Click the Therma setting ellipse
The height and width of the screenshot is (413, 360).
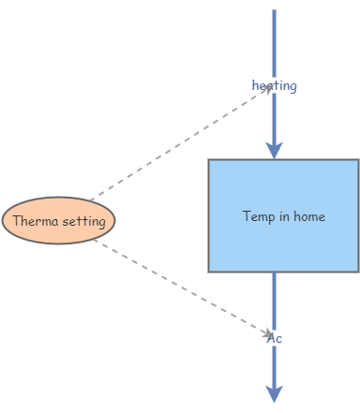58,221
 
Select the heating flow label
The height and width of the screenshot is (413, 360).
275,86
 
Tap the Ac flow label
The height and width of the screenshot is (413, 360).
275,338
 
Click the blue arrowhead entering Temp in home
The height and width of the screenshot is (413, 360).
274,149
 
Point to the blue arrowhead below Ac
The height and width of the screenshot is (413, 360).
274,393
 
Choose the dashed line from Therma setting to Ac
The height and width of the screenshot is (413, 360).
178,285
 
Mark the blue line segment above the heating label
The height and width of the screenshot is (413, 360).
274,42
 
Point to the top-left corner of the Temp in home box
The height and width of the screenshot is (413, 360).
209,160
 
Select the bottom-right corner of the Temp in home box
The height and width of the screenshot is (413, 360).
358,271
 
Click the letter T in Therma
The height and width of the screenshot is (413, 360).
17,222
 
